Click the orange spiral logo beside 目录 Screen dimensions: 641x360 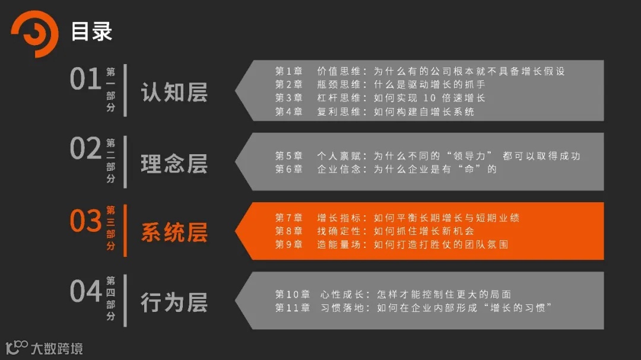34,33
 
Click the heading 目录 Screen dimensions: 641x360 91,31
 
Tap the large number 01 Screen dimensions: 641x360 85,79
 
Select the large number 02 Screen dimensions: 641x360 85,149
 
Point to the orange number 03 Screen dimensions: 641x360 85,221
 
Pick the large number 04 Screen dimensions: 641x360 85,291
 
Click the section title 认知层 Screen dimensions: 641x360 174,93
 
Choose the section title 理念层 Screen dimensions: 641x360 174,164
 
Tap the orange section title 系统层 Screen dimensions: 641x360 174,232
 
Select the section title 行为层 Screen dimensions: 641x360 174,302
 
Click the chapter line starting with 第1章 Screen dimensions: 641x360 419,71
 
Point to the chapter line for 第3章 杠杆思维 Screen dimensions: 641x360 380,98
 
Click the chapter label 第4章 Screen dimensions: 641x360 288,111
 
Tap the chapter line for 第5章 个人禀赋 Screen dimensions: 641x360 427,156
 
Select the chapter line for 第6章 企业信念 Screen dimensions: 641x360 385,169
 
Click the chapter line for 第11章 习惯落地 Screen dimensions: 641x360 413,308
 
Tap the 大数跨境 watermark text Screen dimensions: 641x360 57,348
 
